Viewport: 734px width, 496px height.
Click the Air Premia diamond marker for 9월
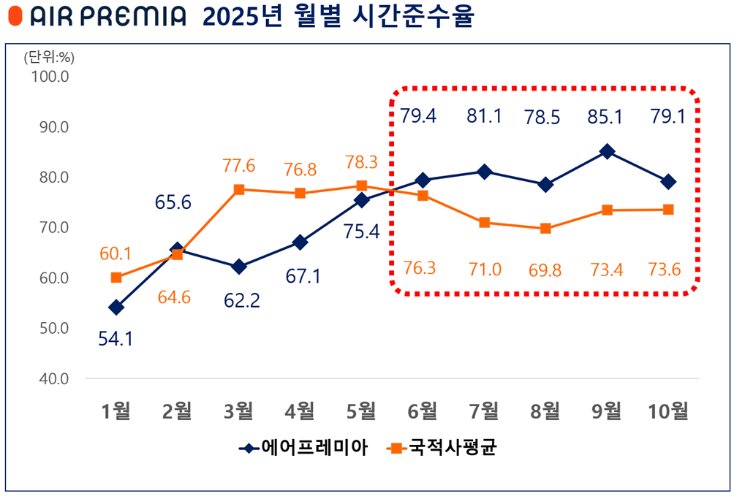pos(607,152)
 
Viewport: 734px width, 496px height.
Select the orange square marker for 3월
pos(238,190)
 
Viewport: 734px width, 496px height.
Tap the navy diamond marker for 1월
pos(116,308)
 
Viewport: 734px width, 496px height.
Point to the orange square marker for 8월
pos(545,229)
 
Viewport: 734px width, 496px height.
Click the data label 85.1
pos(607,116)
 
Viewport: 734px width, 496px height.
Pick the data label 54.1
pos(116,339)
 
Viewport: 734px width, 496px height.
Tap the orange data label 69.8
pos(545,270)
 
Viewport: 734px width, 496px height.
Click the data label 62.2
pos(238,299)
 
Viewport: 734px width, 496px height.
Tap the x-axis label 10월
pos(668,411)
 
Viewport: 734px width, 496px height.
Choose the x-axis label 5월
pos(361,411)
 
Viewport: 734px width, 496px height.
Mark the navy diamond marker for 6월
pos(423,180)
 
